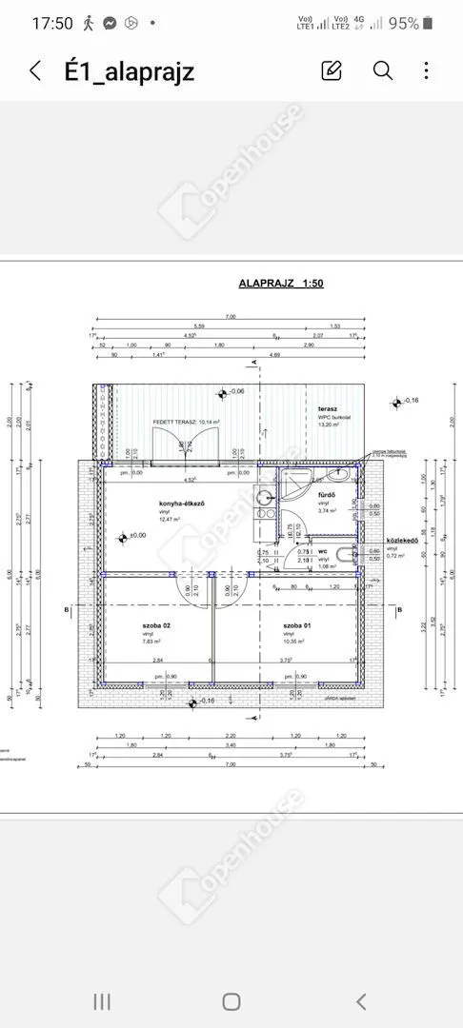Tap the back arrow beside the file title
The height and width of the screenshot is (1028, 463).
click(x=35, y=70)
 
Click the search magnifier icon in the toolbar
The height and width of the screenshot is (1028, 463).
click(x=383, y=70)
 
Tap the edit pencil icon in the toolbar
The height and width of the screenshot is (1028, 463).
click(x=332, y=70)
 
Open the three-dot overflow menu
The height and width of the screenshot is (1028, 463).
click(x=427, y=70)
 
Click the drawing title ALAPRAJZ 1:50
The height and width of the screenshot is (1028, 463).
click(x=280, y=284)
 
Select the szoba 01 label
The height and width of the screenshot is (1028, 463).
click(x=295, y=625)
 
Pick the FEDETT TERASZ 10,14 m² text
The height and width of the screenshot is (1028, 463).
click(x=187, y=421)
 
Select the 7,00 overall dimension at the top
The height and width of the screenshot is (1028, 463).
click(x=230, y=317)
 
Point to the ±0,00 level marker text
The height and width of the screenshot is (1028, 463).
click(x=138, y=536)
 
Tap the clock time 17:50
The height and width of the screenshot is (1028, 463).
click(x=51, y=24)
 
